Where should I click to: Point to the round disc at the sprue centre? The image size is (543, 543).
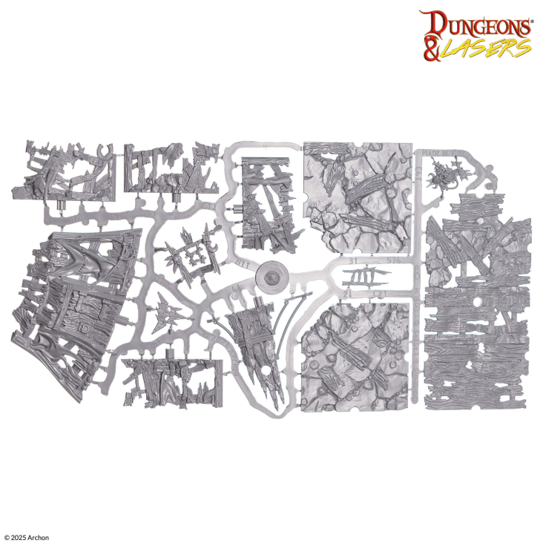pos(270,278)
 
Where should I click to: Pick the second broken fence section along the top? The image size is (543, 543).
pos(169,167)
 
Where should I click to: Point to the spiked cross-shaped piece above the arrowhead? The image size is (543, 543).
pos(189,252)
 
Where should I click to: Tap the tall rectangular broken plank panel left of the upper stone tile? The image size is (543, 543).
pos(268,205)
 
